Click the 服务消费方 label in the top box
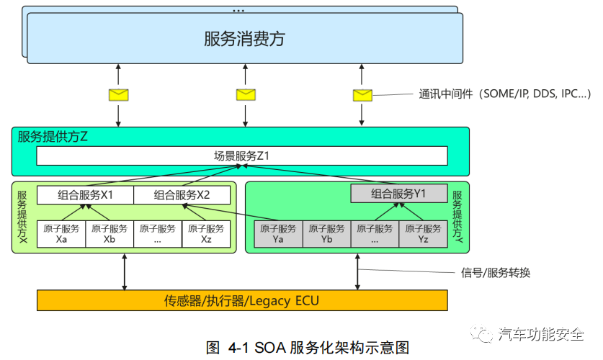(244, 39)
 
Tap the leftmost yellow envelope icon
(118, 94)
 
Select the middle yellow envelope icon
(246, 94)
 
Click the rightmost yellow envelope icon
(362, 95)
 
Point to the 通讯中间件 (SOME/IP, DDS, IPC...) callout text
(504, 94)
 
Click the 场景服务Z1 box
(241, 156)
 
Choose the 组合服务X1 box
(85, 195)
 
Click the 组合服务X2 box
(182, 195)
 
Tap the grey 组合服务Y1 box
(399, 194)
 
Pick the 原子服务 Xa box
(61, 234)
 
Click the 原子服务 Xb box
(110, 234)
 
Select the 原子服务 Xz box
(206, 234)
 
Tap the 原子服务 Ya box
(278, 234)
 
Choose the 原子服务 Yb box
(326, 234)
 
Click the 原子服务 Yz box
(423, 234)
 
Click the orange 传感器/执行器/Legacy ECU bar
(241, 300)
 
